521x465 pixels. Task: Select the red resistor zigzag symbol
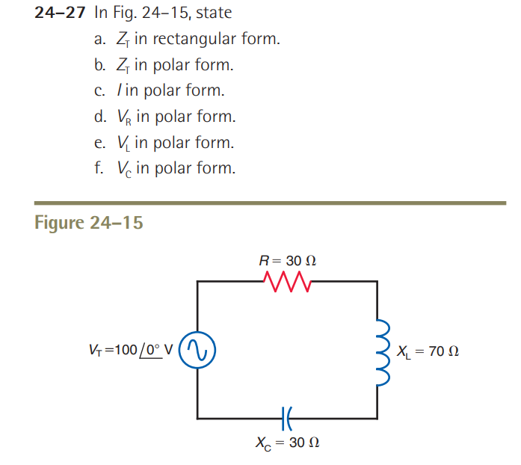[x=286, y=282]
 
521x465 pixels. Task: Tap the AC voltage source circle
[x=198, y=350]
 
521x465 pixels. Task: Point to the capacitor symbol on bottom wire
[x=287, y=416]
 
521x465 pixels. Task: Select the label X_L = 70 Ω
[x=428, y=351]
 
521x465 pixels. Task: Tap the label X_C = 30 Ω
[x=287, y=443]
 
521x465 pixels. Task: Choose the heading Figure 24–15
[x=89, y=223]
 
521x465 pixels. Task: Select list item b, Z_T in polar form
[x=164, y=65]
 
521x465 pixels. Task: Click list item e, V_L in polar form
[x=164, y=143]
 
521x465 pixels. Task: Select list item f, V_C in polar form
[x=164, y=169]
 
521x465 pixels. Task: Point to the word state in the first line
[x=215, y=13]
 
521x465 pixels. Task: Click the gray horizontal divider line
[x=270, y=202]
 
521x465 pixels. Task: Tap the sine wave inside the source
[x=198, y=350]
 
